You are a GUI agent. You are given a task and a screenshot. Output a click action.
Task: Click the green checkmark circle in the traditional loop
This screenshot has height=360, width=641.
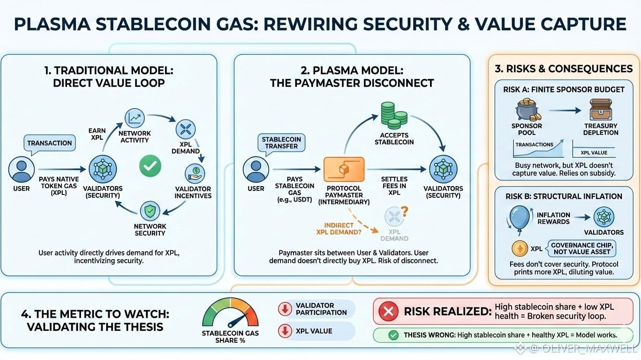[150, 166]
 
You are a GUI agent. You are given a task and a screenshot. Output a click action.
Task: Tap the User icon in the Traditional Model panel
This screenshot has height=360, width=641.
[21, 170]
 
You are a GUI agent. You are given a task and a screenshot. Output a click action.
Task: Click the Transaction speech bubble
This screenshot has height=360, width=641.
[49, 143]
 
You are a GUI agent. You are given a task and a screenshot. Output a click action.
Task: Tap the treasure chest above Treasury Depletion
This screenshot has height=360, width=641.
[601, 109]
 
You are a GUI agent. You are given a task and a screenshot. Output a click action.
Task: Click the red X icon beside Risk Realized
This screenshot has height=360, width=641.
[388, 312]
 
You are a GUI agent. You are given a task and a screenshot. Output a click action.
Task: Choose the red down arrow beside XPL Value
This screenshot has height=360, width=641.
[284, 331]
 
